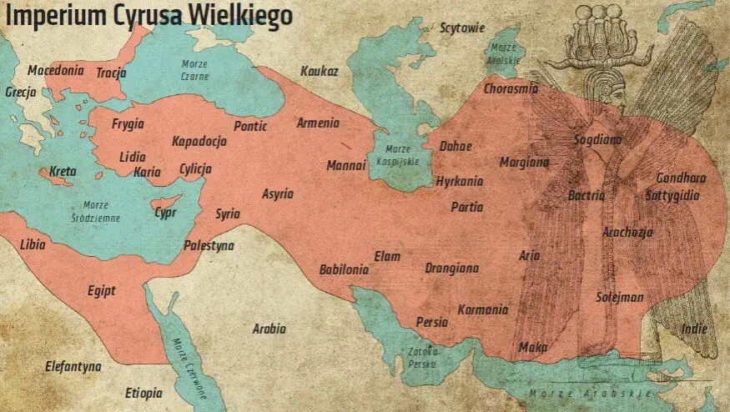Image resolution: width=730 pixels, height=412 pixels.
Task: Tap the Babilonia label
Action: click(x=344, y=269)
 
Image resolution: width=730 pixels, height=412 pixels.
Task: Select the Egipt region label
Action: click(x=101, y=290)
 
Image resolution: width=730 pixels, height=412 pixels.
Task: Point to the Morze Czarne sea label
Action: click(x=194, y=70)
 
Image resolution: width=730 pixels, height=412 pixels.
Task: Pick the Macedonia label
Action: click(x=55, y=71)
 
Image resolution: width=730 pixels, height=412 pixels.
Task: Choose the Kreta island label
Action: click(x=63, y=172)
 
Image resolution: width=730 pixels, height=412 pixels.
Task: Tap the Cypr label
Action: click(x=165, y=213)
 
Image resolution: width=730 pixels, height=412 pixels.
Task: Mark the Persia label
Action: click(x=432, y=322)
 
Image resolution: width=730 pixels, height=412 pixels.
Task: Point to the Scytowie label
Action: click(x=462, y=28)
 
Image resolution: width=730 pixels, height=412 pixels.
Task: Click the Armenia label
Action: click(x=318, y=123)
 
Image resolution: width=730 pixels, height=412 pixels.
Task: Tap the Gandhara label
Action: click(x=681, y=178)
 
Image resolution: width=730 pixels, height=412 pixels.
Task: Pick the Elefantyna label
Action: click(x=73, y=366)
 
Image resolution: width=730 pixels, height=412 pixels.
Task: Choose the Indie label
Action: click(x=693, y=329)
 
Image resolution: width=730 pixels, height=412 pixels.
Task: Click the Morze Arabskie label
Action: click(x=588, y=393)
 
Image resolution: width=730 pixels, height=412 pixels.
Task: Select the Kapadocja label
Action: click(x=199, y=141)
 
